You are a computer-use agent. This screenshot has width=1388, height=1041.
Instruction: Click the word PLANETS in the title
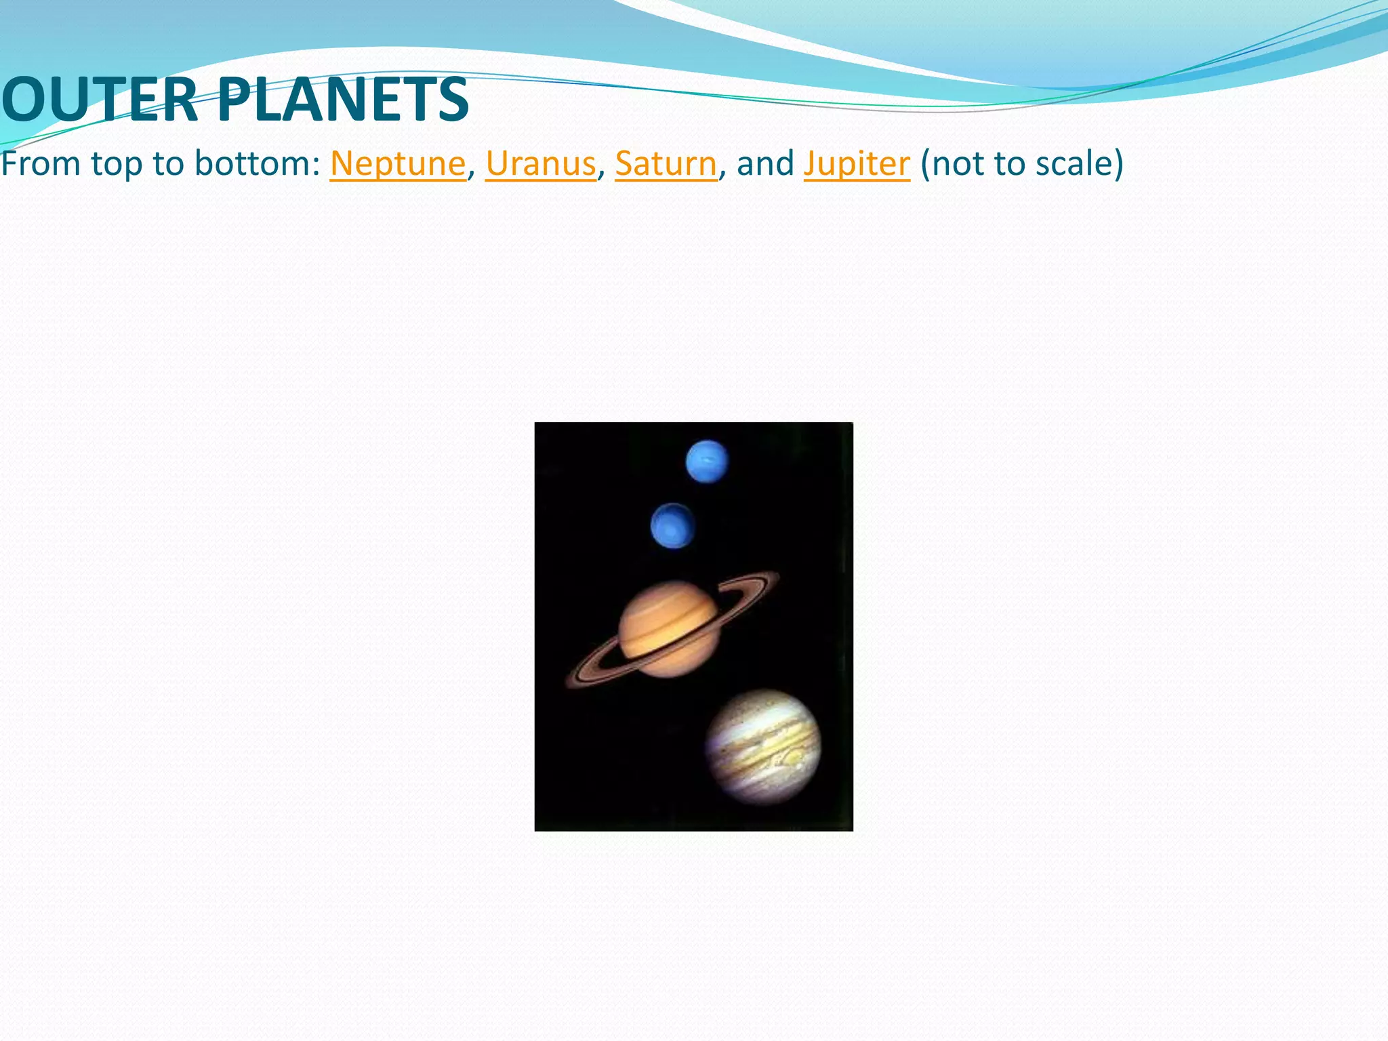(x=343, y=100)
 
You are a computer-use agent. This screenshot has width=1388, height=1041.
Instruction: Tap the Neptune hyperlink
(x=398, y=164)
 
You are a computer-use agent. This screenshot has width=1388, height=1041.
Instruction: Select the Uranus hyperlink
(x=540, y=164)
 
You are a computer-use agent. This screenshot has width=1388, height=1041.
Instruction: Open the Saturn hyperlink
(x=666, y=164)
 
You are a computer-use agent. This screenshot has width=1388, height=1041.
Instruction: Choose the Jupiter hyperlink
(x=857, y=164)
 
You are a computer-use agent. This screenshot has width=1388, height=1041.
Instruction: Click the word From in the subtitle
(x=41, y=164)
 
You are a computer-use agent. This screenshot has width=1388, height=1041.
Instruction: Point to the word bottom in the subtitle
(x=257, y=164)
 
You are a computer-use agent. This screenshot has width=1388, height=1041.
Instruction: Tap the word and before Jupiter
(x=765, y=164)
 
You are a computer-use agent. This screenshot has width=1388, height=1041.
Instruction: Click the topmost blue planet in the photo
(x=707, y=462)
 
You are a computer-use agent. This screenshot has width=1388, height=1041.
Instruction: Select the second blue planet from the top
(x=672, y=526)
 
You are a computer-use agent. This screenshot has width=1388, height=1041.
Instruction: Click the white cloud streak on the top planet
(x=709, y=462)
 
